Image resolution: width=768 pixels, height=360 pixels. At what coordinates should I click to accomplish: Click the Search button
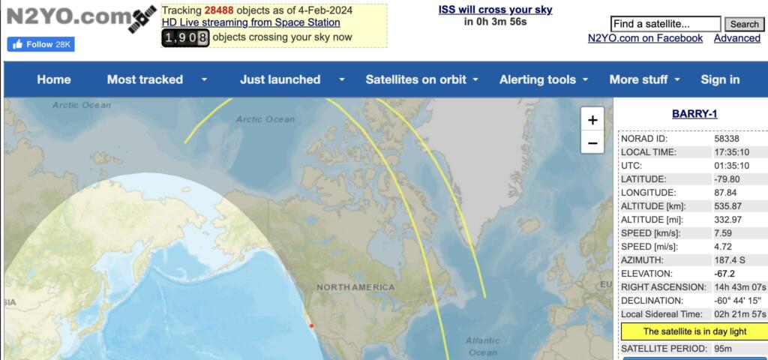[x=744, y=24]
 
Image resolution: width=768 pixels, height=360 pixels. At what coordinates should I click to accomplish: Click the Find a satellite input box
[x=665, y=24]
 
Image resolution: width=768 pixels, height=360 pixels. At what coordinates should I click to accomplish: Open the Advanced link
[x=736, y=38]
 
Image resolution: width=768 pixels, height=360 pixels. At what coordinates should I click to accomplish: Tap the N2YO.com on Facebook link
[x=645, y=38]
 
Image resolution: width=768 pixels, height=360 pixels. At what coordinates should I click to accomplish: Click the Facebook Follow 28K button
[x=40, y=44]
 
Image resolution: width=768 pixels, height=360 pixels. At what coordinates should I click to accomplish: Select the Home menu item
[x=54, y=79]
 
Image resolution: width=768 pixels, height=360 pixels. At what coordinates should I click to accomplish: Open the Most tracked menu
[x=145, y=79]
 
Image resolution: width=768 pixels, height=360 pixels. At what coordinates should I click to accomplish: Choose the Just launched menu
[x=280, y=79]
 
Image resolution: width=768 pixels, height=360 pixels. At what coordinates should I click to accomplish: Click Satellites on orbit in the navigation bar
[x=415, y=79]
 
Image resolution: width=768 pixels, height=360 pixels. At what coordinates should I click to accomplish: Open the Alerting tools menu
[x=538, y=79]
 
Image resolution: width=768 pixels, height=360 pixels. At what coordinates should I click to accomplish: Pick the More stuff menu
[x=638, y=79]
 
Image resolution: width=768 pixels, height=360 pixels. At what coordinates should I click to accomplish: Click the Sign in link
[x=720, y=79]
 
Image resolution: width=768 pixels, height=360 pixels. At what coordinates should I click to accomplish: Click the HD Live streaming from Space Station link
[x=250, y=22]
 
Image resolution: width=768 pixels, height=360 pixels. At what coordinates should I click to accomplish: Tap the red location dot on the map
[x=311, y=325]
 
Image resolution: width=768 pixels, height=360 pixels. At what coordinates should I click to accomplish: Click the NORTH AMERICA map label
[x=355, y=287]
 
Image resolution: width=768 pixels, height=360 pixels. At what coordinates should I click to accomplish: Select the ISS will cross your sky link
[x=495, y=10]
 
